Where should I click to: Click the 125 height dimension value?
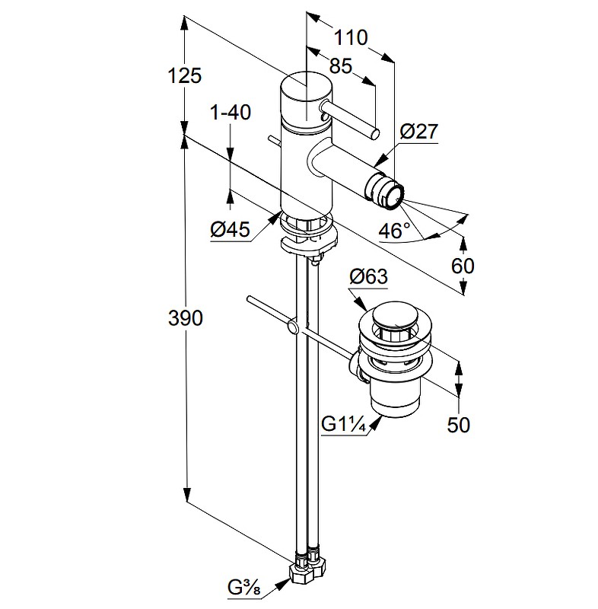(186, 75)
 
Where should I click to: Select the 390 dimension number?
(186, 318)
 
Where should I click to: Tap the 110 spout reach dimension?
(351, 37)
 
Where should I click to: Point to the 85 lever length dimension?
(342, 66)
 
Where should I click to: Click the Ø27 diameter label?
(418, 132)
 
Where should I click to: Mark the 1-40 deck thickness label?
(230, 113)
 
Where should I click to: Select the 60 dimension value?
(463, 266)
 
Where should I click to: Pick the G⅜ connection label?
(245, 587)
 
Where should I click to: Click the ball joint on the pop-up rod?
(292, 327)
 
